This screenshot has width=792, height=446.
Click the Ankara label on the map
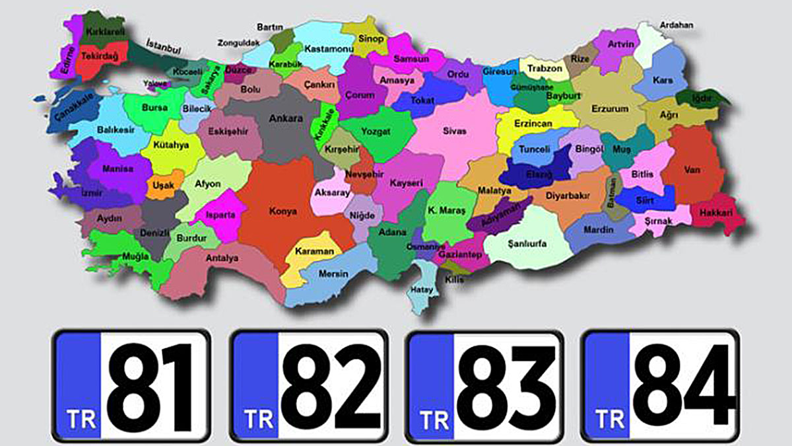coord(286,119)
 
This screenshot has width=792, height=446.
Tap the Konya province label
coord(283,211)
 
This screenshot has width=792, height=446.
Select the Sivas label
coord(454,131)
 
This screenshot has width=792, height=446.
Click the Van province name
coord(692,170)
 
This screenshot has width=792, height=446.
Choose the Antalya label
coord(222,258)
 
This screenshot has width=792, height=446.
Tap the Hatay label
coord(422,289)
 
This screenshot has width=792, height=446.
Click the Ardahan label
coord(676,25)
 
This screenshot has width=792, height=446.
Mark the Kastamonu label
coord(321,49)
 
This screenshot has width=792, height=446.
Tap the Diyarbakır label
coord(568,196)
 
